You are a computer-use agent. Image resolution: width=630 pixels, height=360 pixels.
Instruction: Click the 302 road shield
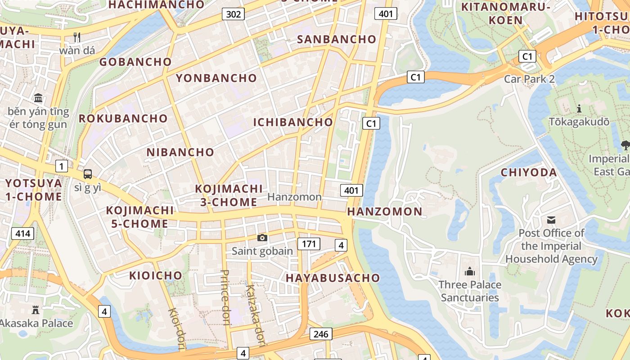coord(233,14)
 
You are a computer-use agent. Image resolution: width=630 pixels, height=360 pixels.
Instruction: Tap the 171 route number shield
coord(309,244)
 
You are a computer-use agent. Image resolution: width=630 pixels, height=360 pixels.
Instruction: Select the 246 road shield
coord(321,334)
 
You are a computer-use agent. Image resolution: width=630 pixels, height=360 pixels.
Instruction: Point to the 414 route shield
coord(22,234)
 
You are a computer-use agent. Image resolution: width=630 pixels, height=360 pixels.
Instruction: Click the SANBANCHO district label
coord(337,39)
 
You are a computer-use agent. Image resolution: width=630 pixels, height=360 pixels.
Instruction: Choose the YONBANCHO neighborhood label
coord(216,78)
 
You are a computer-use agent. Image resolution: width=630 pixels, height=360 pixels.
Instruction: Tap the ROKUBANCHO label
coord(123,119)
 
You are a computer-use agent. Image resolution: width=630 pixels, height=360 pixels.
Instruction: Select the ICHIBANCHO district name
coord(293,122)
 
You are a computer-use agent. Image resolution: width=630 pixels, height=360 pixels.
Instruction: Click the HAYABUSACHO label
coord(333,278)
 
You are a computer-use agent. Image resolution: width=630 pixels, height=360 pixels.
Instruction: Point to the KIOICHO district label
coord(156,275)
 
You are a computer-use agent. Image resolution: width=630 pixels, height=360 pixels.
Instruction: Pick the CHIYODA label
coord(529,173)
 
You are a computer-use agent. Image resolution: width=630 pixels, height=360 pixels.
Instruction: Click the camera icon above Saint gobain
coord(262,238)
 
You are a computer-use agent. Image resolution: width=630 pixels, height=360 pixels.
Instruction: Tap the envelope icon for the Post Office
coord(551,220)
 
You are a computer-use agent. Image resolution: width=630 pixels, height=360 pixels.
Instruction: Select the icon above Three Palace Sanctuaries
coord(470,271)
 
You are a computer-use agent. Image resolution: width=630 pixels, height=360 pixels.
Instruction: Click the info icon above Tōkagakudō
coord(579,108)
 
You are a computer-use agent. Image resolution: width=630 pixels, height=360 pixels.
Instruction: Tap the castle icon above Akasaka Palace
coord(36,310)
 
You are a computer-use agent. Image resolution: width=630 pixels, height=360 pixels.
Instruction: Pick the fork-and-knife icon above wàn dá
coord(77,37)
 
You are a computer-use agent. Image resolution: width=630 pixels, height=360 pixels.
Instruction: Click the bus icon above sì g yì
coord(88,174)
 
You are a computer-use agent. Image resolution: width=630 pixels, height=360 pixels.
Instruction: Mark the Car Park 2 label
coord(529,79)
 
